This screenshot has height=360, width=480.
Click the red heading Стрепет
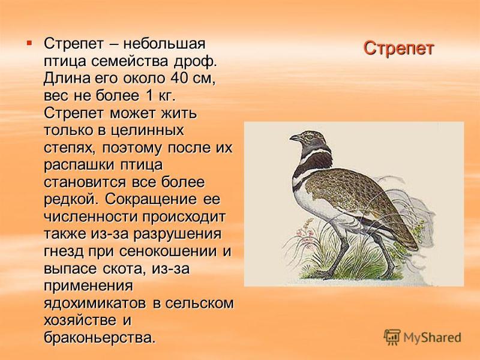(398, 48)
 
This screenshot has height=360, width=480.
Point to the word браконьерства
(98, 338)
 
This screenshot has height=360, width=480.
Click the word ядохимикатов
(95, 304)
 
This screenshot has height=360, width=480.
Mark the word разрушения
(177, 235)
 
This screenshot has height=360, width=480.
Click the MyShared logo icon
(392, 338)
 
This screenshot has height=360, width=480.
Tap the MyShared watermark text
(432, 338)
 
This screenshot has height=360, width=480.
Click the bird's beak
(295, 139)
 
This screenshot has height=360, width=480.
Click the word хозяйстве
(80, 320)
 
